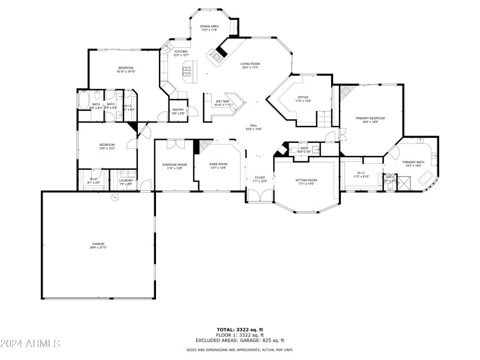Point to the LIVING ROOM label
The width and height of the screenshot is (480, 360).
click(250, 65)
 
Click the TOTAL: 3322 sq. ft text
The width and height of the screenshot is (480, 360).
click(240, 329)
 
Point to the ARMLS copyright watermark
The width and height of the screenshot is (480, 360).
click(30, 344)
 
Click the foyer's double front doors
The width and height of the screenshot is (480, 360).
click(260, 196)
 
